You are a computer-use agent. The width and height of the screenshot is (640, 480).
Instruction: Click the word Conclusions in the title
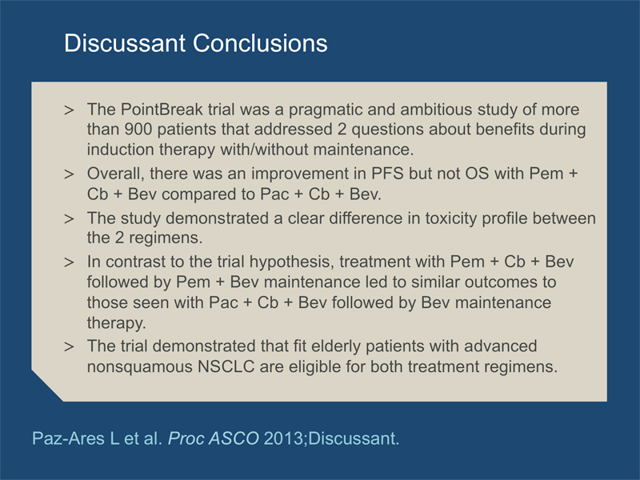(x=260, y=43)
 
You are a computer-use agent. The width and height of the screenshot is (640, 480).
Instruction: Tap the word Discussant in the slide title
(x=125, y=43)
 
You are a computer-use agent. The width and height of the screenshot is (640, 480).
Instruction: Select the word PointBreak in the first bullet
(x=162, y=110)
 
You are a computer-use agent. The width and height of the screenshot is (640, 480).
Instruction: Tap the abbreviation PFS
(x=387, y=174)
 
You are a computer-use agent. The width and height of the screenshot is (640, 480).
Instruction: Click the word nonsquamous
(x=139, y=367)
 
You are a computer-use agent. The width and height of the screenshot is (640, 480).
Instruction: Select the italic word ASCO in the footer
(x=233, y=438)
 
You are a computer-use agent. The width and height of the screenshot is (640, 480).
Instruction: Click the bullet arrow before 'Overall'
(x=69, y=174)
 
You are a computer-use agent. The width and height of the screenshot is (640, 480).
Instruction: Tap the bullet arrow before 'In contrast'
(x=69, y=262)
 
